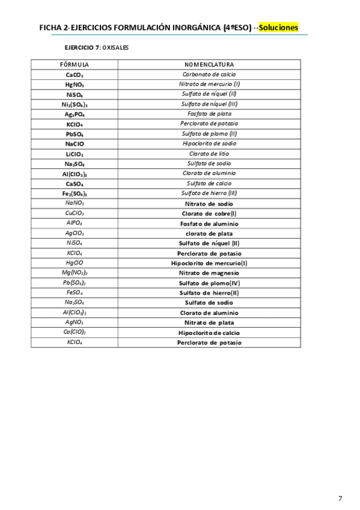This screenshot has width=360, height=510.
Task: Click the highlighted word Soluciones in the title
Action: (x=279, y=28)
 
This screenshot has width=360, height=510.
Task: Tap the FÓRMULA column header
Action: (x=75, y=64)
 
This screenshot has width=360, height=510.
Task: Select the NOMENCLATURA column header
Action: (x=209, y=64)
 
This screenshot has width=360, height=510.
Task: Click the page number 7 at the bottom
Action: (x=340, y=481)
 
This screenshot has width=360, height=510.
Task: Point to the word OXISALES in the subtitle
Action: (x=115, y=47)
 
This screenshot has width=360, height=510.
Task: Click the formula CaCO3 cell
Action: (x=75, y=75)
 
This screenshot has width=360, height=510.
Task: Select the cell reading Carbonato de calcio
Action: (x=209, y=74)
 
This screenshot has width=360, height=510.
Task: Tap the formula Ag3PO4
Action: (x=75, y=114)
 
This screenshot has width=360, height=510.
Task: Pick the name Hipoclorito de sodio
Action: (x=209, y=144)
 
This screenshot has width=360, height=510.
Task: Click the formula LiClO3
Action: (x=75, y=154)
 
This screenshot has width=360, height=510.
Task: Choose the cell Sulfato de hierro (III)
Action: (x=209, y=193)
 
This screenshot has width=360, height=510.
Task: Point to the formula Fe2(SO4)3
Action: (x=75, y=194)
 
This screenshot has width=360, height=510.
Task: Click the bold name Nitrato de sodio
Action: (x=209, y=203)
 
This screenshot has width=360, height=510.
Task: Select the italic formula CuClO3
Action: (x=75, y=213)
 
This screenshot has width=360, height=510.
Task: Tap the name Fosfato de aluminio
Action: (x=209, y=223)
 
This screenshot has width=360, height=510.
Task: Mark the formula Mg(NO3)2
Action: (x=75, y=272)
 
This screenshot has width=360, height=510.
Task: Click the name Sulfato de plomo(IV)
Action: (x=209, y=283)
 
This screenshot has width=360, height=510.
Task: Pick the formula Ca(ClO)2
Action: (x=75, y=332)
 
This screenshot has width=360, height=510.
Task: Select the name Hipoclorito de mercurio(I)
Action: (x=209, y=263)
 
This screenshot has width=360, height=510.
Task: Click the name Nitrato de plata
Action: (x=209, y=322)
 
